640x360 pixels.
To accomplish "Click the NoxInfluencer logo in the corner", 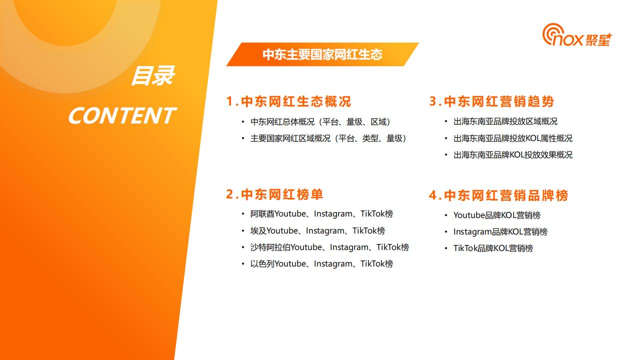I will (x=576, y=36).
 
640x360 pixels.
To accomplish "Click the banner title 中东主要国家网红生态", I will (x=322, y=54).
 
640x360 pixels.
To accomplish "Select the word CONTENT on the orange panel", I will (x=121, y=116).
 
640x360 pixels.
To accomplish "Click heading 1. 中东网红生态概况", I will (x=288, y=101).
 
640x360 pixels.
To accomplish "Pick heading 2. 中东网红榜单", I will (x=274, y=194).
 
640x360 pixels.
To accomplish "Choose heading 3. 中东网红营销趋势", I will (x=491, y=101).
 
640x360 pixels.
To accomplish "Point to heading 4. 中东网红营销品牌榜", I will (x=498, y=195).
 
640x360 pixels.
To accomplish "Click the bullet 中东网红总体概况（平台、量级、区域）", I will (x=320, y=121).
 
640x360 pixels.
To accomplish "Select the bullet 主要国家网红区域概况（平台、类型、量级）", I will (x=328, y=138).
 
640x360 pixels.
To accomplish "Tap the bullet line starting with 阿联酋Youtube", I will (x=321, y=214).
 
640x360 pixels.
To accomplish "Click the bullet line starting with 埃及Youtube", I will (x=317, y=231).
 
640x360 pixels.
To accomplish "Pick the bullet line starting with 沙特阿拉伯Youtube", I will (x=329, y=247).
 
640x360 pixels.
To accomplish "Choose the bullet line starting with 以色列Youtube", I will (x=321, y=264).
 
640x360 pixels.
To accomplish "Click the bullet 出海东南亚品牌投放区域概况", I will (x=505, y=121).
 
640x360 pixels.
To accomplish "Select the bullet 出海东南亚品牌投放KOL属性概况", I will (x=512, y=138).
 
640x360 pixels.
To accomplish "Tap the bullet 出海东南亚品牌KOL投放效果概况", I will (x=512, y=155).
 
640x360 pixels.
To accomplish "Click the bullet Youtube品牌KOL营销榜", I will (x=496, y=215).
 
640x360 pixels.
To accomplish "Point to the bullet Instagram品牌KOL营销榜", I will (x=500, y=232).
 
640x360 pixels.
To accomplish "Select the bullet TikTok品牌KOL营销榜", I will (x=493, y=248).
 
